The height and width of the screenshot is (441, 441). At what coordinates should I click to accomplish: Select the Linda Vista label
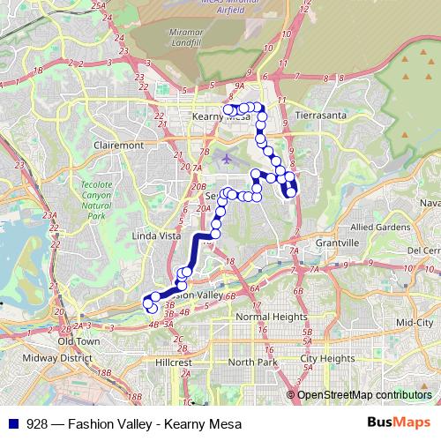pyautogui.click(x=155, y=236)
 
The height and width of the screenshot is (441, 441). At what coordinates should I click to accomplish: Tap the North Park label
pyautogui.click(x=252, y=363)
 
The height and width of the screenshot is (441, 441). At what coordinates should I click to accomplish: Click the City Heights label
pyautogui.click(x=327, y=359)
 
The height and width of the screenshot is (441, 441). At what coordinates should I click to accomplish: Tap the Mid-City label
pyautogui.click(x=414, y=323)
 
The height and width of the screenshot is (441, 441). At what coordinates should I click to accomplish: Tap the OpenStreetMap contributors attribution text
pyautogui.click(x=364, y=394)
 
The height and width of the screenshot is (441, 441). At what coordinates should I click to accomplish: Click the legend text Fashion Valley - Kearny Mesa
pyautogui.click(x=129, y=423)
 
